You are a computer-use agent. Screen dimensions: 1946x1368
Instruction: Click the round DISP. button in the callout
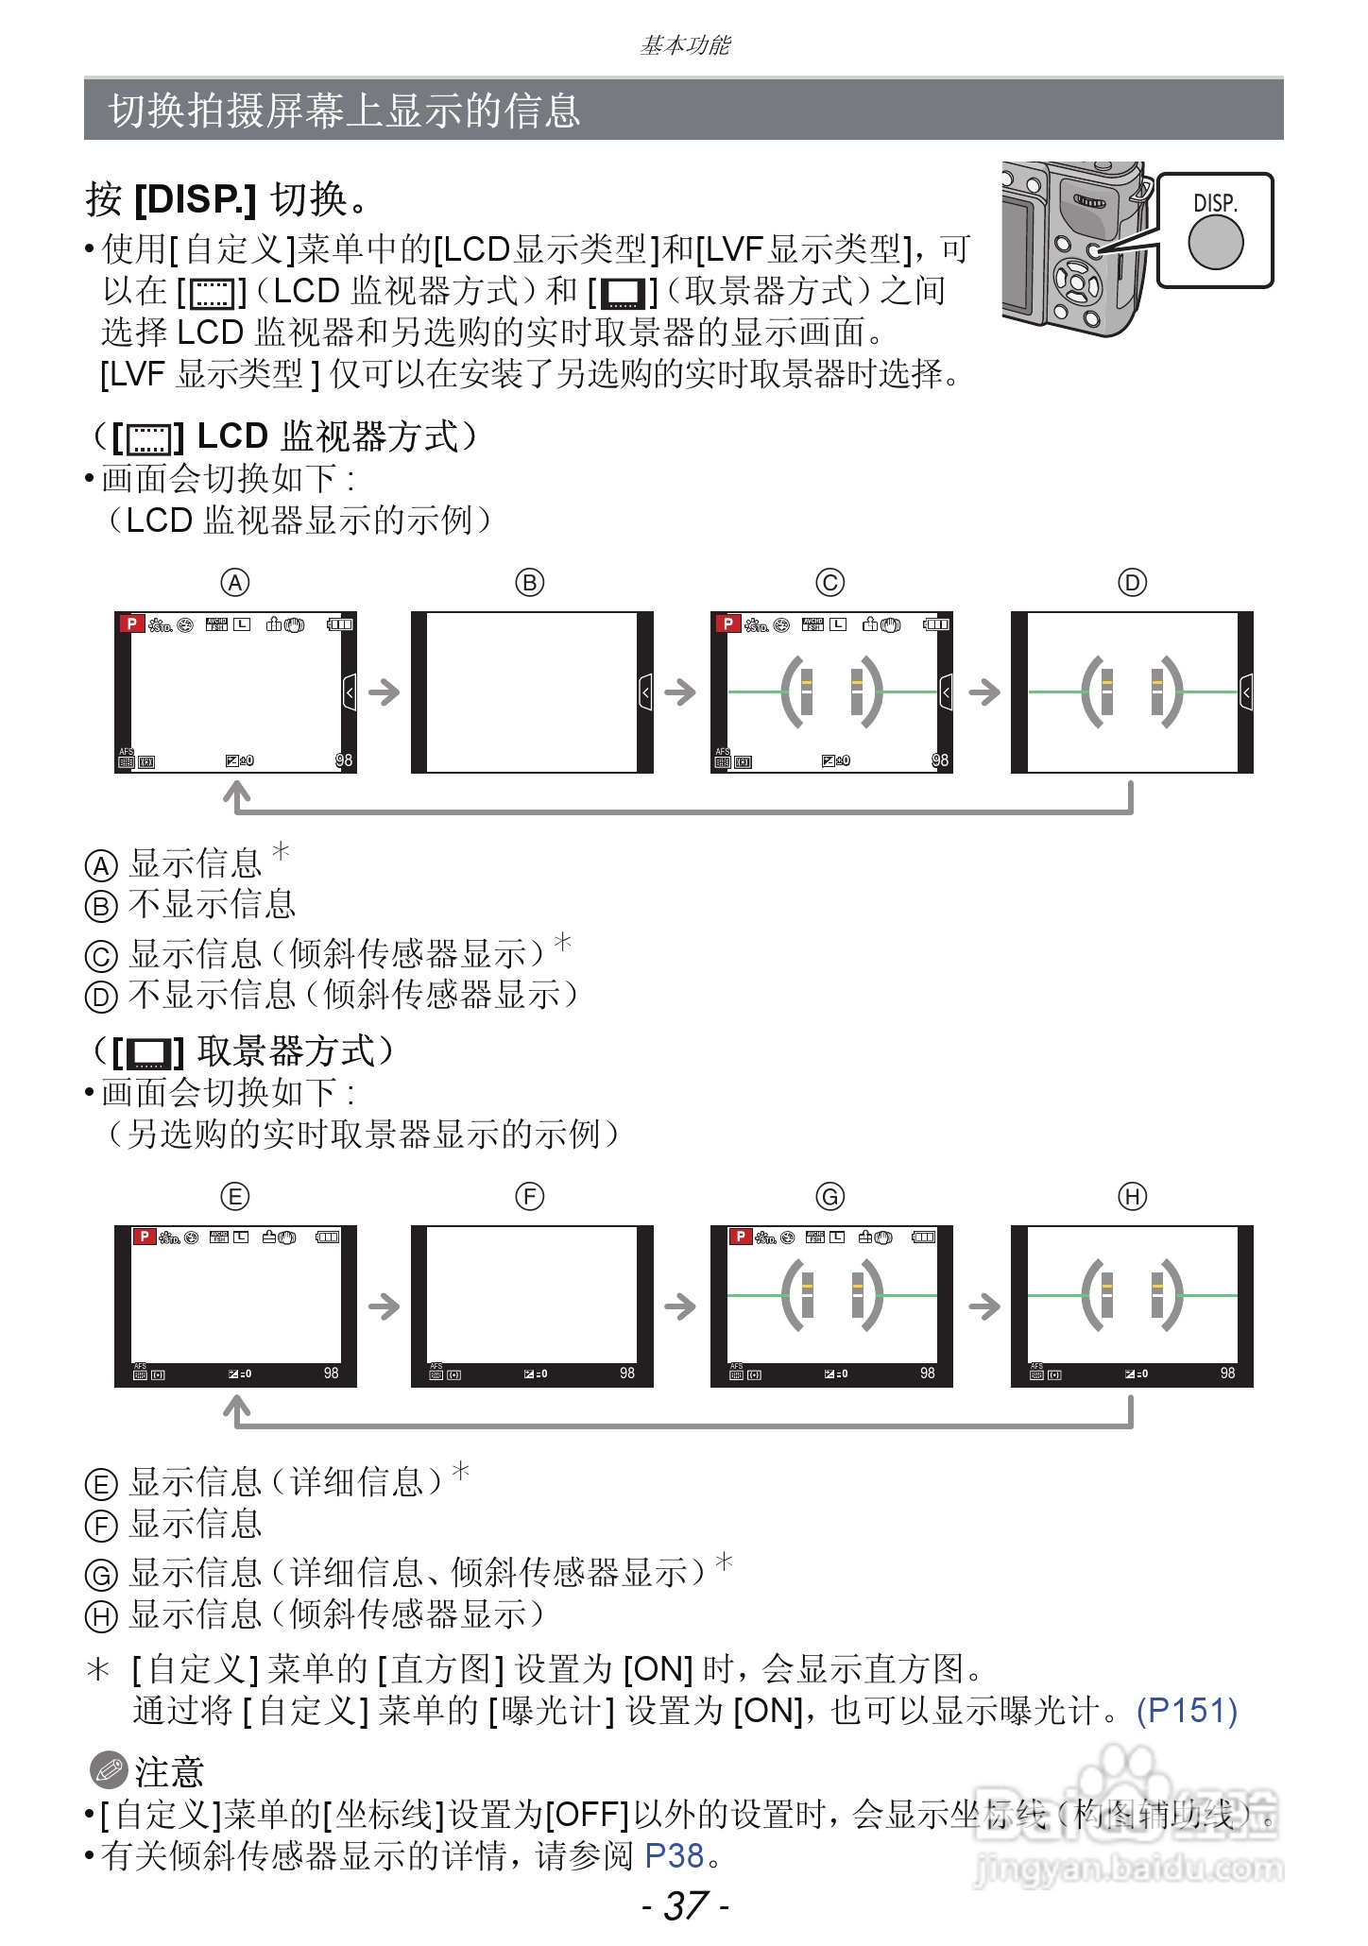[1215, 242]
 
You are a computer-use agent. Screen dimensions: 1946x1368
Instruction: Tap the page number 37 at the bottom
[686, 1905]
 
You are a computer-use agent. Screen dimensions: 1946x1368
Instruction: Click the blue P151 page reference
[1187, 1710]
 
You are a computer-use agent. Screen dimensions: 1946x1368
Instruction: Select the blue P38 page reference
[674, 1855]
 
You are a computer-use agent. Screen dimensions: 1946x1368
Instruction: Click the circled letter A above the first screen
[235, 583]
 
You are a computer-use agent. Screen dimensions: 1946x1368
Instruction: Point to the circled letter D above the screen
[1132, 583]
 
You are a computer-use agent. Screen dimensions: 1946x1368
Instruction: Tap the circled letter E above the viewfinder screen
[235, 1197]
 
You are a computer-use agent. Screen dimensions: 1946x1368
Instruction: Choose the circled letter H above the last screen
[1132, 1197]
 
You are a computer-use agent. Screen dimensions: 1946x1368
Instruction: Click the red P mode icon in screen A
[131, 623]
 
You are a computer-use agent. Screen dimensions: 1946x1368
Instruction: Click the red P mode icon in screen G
[741, 1237]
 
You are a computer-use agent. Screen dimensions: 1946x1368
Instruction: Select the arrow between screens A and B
[384, 692]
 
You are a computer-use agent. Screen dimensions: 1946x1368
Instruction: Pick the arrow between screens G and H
[983, 1306]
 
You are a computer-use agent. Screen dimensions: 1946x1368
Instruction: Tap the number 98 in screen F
[627, 1373]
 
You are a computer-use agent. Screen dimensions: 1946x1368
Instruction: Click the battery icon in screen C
[936, 624]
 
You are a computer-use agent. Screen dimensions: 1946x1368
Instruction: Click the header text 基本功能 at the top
[685, 45]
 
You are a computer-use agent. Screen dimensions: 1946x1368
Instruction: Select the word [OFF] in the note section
[588, 1814]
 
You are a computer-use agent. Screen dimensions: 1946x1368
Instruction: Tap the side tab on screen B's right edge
[645, 692]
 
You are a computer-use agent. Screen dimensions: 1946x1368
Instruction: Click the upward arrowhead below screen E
[236, 1411]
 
